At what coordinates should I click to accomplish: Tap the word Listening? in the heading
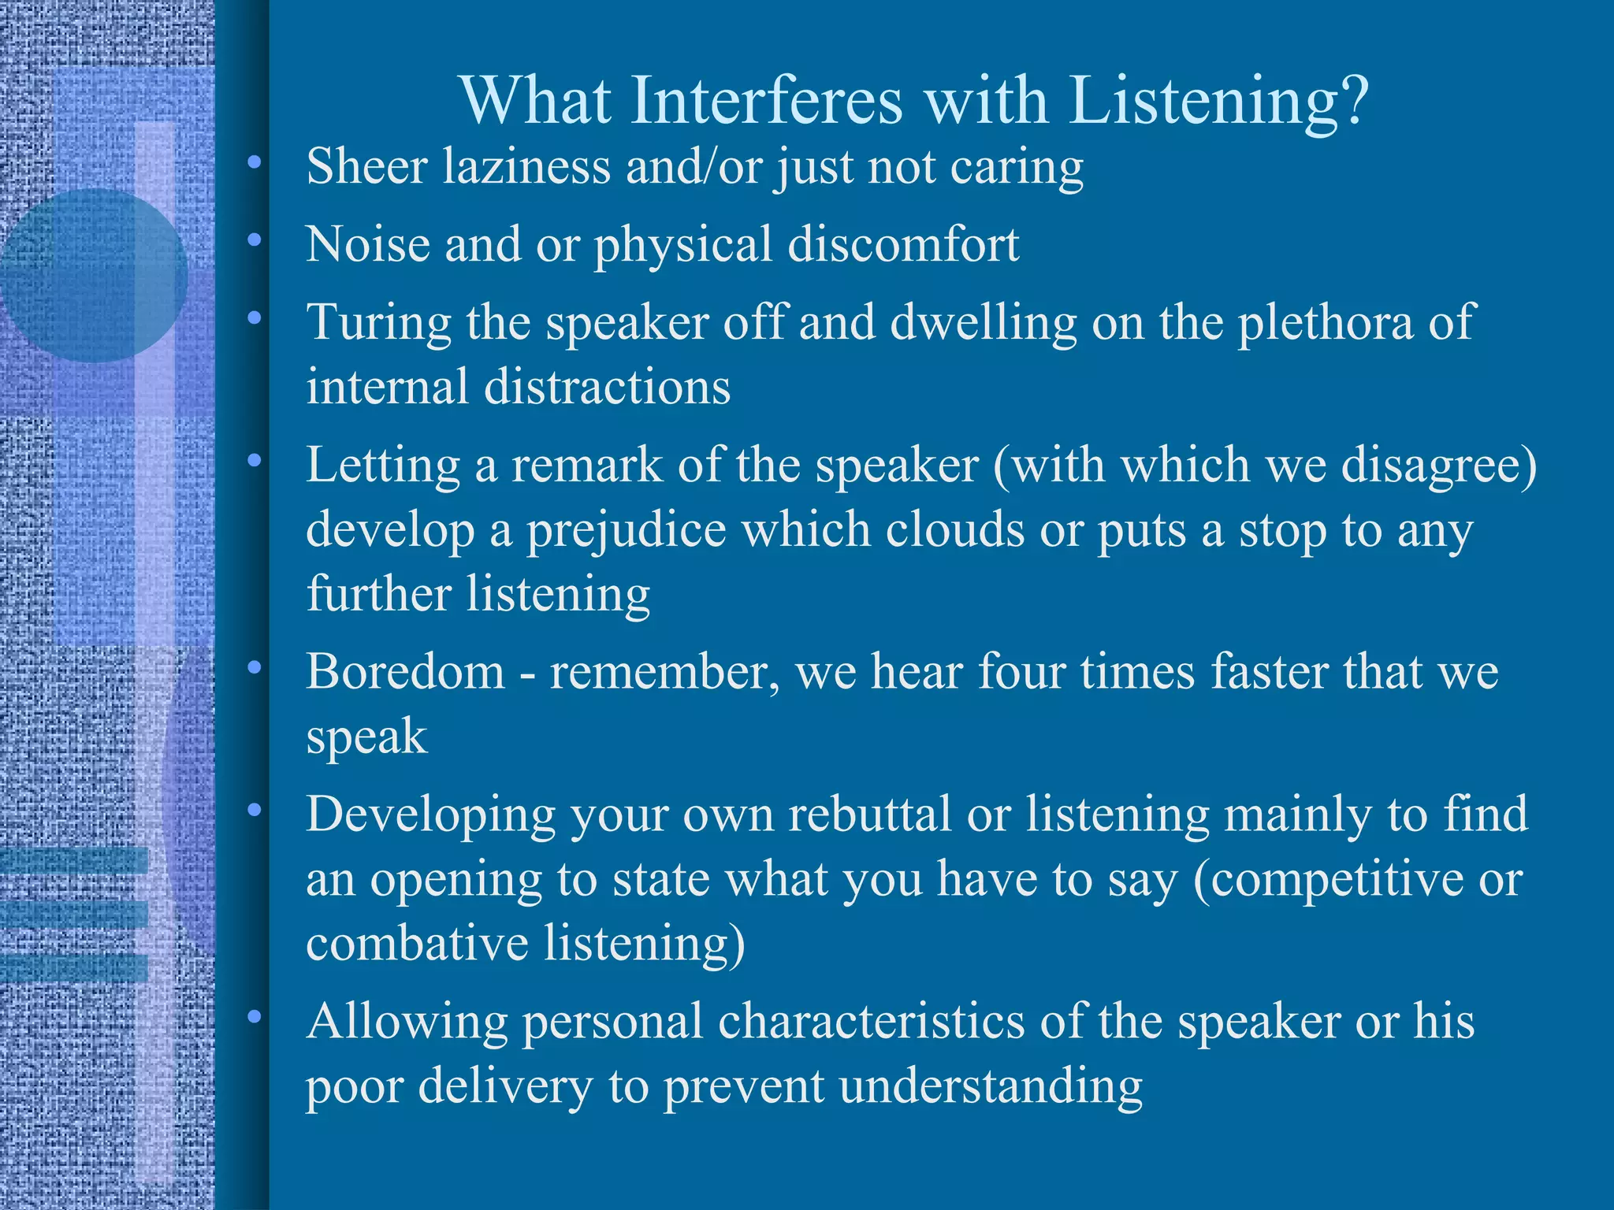point(1219,102)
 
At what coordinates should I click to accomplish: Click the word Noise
point(368,244)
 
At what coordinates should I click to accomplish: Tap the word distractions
point(607,387)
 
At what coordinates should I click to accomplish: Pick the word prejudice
point(626,529)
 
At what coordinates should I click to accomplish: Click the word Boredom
point(405,673)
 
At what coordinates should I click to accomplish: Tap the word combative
point(417,943)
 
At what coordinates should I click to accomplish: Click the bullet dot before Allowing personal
point(254,1018)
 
